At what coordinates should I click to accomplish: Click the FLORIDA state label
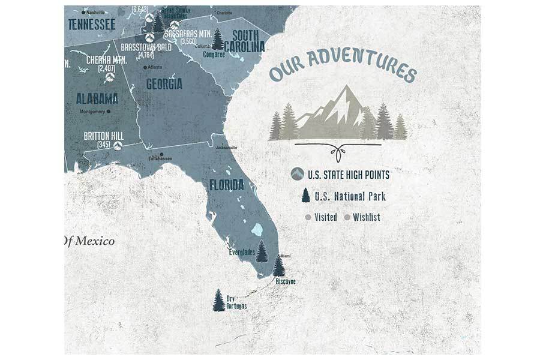[226, 184]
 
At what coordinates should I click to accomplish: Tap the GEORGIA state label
[164, 84]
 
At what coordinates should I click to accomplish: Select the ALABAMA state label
[97, 98]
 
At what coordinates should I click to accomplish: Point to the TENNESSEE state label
[91, 23]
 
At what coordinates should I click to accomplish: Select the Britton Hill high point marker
[118, 145]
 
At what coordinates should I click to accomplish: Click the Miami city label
[285, 256]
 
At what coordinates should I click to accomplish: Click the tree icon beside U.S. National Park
[306, 196]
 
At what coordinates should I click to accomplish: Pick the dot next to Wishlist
[347, 217]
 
